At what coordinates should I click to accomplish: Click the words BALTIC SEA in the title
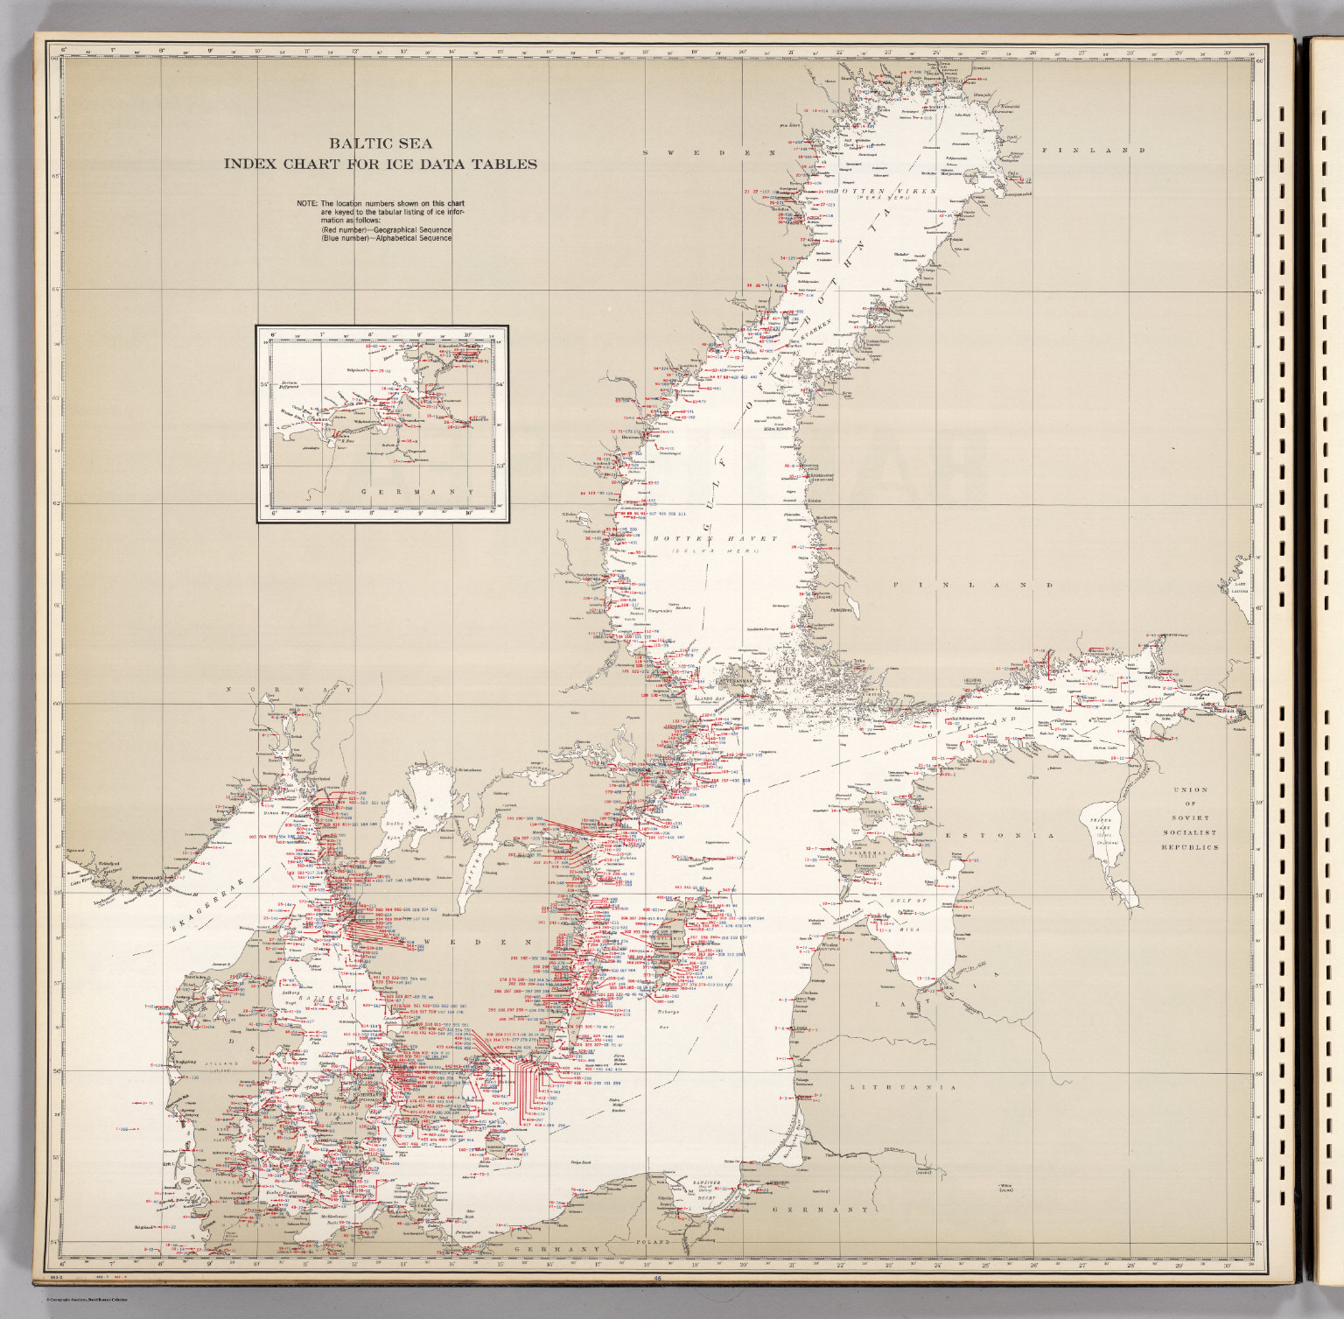point(380,144)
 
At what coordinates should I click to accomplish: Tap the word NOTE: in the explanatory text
point(306,204)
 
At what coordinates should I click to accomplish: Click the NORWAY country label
point(288,691)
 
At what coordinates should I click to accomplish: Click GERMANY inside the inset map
point(416,492)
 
